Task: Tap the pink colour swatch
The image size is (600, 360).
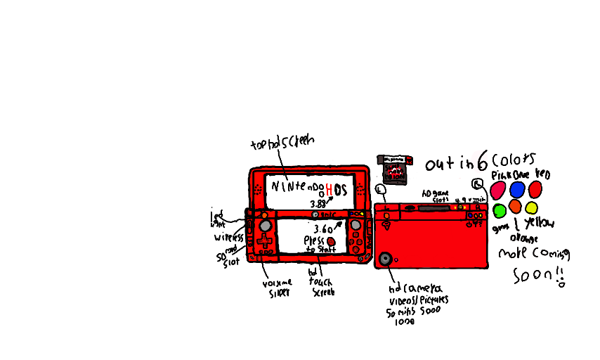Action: click(x=497, y=188)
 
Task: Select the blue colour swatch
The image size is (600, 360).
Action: click(x=517, y=188)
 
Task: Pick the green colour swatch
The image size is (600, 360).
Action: click(x=500, y=210)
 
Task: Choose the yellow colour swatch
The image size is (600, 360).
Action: click(x=531, y=207)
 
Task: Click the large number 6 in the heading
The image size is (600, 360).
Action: click(x=482, y=163)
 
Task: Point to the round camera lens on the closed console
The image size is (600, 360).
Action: click(x=386, y=259)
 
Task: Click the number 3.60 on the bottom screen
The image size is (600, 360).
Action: click(x=323, y=229)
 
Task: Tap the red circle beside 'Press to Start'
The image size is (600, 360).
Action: click(x=331, y=241)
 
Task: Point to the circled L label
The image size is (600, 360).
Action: click(x=381, y=189)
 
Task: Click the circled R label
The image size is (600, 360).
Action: click(x=478, y=184)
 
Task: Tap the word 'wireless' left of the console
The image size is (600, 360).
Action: click(x=228, y=238)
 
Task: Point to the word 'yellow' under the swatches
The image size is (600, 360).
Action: click(x=540, y=223)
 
